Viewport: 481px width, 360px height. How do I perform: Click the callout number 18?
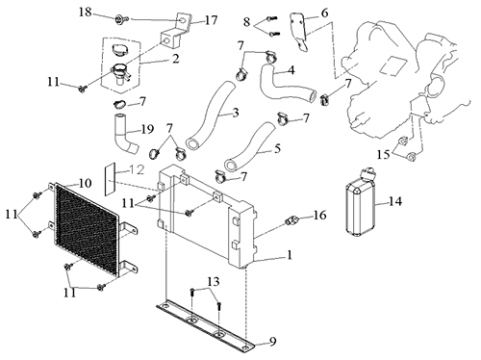point(86,13)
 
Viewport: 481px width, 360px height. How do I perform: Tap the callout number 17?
point(212,20)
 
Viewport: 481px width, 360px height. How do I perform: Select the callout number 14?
point(395,201)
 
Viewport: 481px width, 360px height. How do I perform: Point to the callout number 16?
point(319,215)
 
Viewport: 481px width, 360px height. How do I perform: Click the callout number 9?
point(272,342)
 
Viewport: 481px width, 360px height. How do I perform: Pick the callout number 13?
point(214,281)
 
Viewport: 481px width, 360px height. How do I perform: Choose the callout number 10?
point(85,183)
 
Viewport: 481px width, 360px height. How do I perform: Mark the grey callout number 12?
point(137,169)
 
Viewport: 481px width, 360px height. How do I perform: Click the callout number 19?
point(147,129)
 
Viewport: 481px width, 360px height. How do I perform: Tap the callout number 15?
point(383,155)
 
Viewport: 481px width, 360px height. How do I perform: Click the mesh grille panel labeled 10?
point(87,229)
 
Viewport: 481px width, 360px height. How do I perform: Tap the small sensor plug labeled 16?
point(291,220)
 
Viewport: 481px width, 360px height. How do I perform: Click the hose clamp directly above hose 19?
point(120,103)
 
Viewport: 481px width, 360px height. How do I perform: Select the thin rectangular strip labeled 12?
point(110,179)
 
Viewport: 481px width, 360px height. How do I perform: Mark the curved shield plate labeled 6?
point(298,31)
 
